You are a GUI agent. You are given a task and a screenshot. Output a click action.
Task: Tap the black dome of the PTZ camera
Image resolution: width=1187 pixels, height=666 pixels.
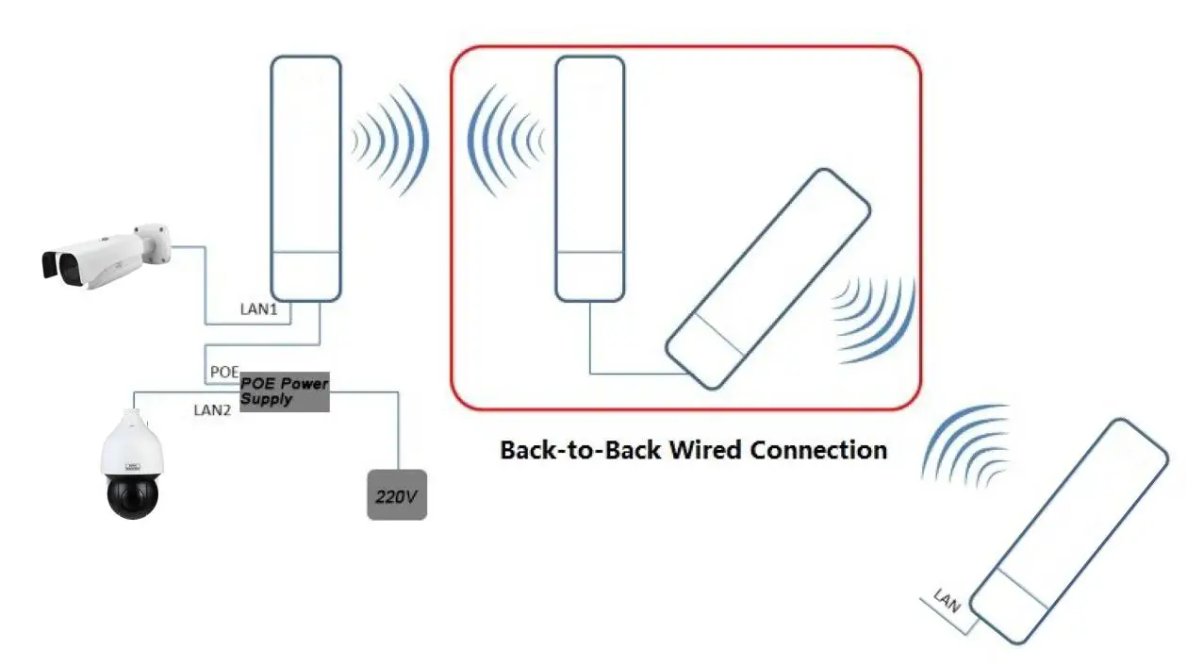(x=132, y=494)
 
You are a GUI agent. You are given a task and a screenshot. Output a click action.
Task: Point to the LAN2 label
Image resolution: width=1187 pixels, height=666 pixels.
(x=212, y=410)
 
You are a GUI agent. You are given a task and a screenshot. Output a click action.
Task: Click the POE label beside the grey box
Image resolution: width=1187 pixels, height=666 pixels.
(x=223, y=372)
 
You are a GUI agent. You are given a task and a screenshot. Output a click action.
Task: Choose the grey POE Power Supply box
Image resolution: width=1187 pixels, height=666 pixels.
(x=284, y=391)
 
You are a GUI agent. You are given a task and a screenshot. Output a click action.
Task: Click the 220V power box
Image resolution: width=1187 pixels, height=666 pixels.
(x=396, y=494)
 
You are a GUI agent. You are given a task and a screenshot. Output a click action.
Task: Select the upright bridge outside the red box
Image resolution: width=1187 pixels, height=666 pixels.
(x=305, y=178)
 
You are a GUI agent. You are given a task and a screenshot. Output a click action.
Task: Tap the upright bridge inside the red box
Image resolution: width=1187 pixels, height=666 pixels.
(x=589, y=178)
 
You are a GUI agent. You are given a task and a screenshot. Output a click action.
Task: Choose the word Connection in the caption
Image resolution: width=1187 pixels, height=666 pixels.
(x=818, y=450)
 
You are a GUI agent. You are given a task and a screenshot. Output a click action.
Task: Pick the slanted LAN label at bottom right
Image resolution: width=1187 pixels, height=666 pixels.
(x=946, y=600)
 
